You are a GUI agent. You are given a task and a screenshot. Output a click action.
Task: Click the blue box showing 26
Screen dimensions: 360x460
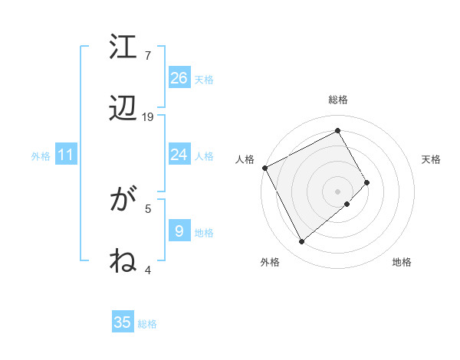pyautogui.click(x=179, y=78)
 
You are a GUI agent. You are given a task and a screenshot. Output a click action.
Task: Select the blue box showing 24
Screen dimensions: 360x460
pyautogui.click(x=179, y=155)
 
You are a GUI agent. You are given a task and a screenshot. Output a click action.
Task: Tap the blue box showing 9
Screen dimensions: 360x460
pyautogui.click(x=179, y=231)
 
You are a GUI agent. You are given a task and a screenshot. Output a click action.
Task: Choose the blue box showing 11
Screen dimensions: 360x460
pyautogui.click(x=66, y=155)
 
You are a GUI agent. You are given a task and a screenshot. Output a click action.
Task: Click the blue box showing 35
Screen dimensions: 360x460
pyautogui.click(x=123, y=322)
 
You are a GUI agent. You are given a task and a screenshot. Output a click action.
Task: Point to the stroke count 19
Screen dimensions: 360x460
pyautogui.click(x=148, y=116)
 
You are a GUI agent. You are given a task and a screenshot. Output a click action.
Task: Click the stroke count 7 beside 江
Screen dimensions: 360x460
pyautogui.click(x=148, y=55)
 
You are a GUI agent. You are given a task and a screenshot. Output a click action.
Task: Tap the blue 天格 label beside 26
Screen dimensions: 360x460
pyautogui.click(x=204, y=80)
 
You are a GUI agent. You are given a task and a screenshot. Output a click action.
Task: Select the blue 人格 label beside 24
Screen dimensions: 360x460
pyautogui.click(x=204, y=156)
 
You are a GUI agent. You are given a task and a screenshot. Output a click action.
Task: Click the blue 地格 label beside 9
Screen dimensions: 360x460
pyautogui.click(x=204, y=232)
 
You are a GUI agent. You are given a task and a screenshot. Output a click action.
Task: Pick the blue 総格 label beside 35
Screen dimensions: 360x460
pyautogui.click(x=147, y=324)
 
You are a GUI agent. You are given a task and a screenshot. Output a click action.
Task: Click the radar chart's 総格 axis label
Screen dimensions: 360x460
pyautogui.click(x=338, y=100)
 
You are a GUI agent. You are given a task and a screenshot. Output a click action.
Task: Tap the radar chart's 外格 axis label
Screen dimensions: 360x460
pyautogui.click(x=270, y=262)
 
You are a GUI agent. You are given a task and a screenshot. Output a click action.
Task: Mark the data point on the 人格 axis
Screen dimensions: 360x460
pyautogui.click(x=264, y=168)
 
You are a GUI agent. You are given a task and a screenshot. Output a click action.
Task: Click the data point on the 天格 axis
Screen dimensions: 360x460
pyautogui.click(x=367, y=182)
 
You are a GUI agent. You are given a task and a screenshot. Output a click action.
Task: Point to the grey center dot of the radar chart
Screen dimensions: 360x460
pyautogui.click(x=338, y=190)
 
